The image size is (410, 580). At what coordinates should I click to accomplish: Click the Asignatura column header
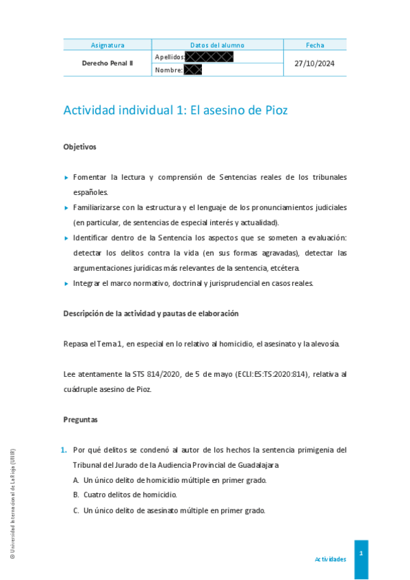107,45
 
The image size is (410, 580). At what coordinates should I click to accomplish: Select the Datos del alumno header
217,45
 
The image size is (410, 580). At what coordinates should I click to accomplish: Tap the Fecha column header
315,45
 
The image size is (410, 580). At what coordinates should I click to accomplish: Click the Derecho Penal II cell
107,63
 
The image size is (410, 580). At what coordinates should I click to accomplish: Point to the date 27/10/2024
315,63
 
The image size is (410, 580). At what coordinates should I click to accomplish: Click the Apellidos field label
170,57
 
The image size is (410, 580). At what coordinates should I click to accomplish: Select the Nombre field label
168,70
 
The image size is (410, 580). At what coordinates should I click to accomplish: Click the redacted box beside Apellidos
209,57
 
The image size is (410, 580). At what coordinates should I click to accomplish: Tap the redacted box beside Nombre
192,70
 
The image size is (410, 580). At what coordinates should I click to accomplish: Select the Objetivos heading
80,146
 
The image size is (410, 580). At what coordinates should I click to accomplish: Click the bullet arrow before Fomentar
66,177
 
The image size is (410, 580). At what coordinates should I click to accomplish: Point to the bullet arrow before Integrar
66,283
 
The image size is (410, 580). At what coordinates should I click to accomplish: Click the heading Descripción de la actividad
151,313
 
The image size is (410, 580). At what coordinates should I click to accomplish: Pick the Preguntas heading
81,419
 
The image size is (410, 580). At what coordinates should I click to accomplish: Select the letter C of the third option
76,510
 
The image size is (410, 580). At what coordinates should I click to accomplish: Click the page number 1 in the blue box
361,553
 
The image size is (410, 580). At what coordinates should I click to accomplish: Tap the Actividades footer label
331,559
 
